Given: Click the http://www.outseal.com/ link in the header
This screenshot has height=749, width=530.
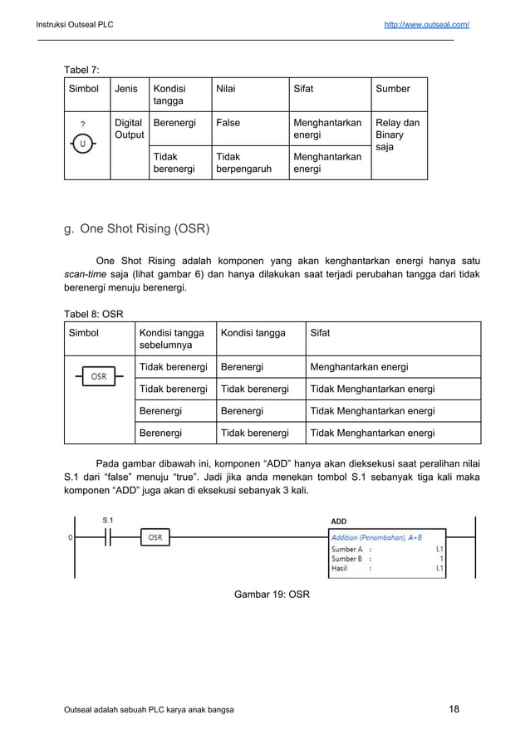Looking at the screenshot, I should coord(426,24).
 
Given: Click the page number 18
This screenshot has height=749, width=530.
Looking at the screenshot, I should coord(454,709).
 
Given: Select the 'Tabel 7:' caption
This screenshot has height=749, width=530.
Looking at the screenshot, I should coord(82,69).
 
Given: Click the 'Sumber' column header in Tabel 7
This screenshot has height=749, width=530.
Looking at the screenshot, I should coord(393,88).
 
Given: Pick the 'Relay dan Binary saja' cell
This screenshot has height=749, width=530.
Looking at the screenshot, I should coord(398,134).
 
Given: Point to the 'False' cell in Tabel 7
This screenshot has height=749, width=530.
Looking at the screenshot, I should coord(228,123).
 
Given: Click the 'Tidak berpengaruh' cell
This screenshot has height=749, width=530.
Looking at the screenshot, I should coord(238,162).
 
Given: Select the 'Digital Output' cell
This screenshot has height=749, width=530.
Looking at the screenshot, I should coord(128,128).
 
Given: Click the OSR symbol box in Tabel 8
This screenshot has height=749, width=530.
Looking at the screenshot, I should coord(98,377).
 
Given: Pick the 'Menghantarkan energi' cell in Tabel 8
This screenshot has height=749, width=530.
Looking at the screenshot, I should coord(359,367).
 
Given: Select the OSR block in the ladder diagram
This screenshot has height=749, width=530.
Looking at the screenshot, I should coord(155,537).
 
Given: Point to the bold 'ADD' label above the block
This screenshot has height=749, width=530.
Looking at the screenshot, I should coord(339,521).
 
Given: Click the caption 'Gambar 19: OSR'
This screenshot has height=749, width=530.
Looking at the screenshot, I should coord(272,594).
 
